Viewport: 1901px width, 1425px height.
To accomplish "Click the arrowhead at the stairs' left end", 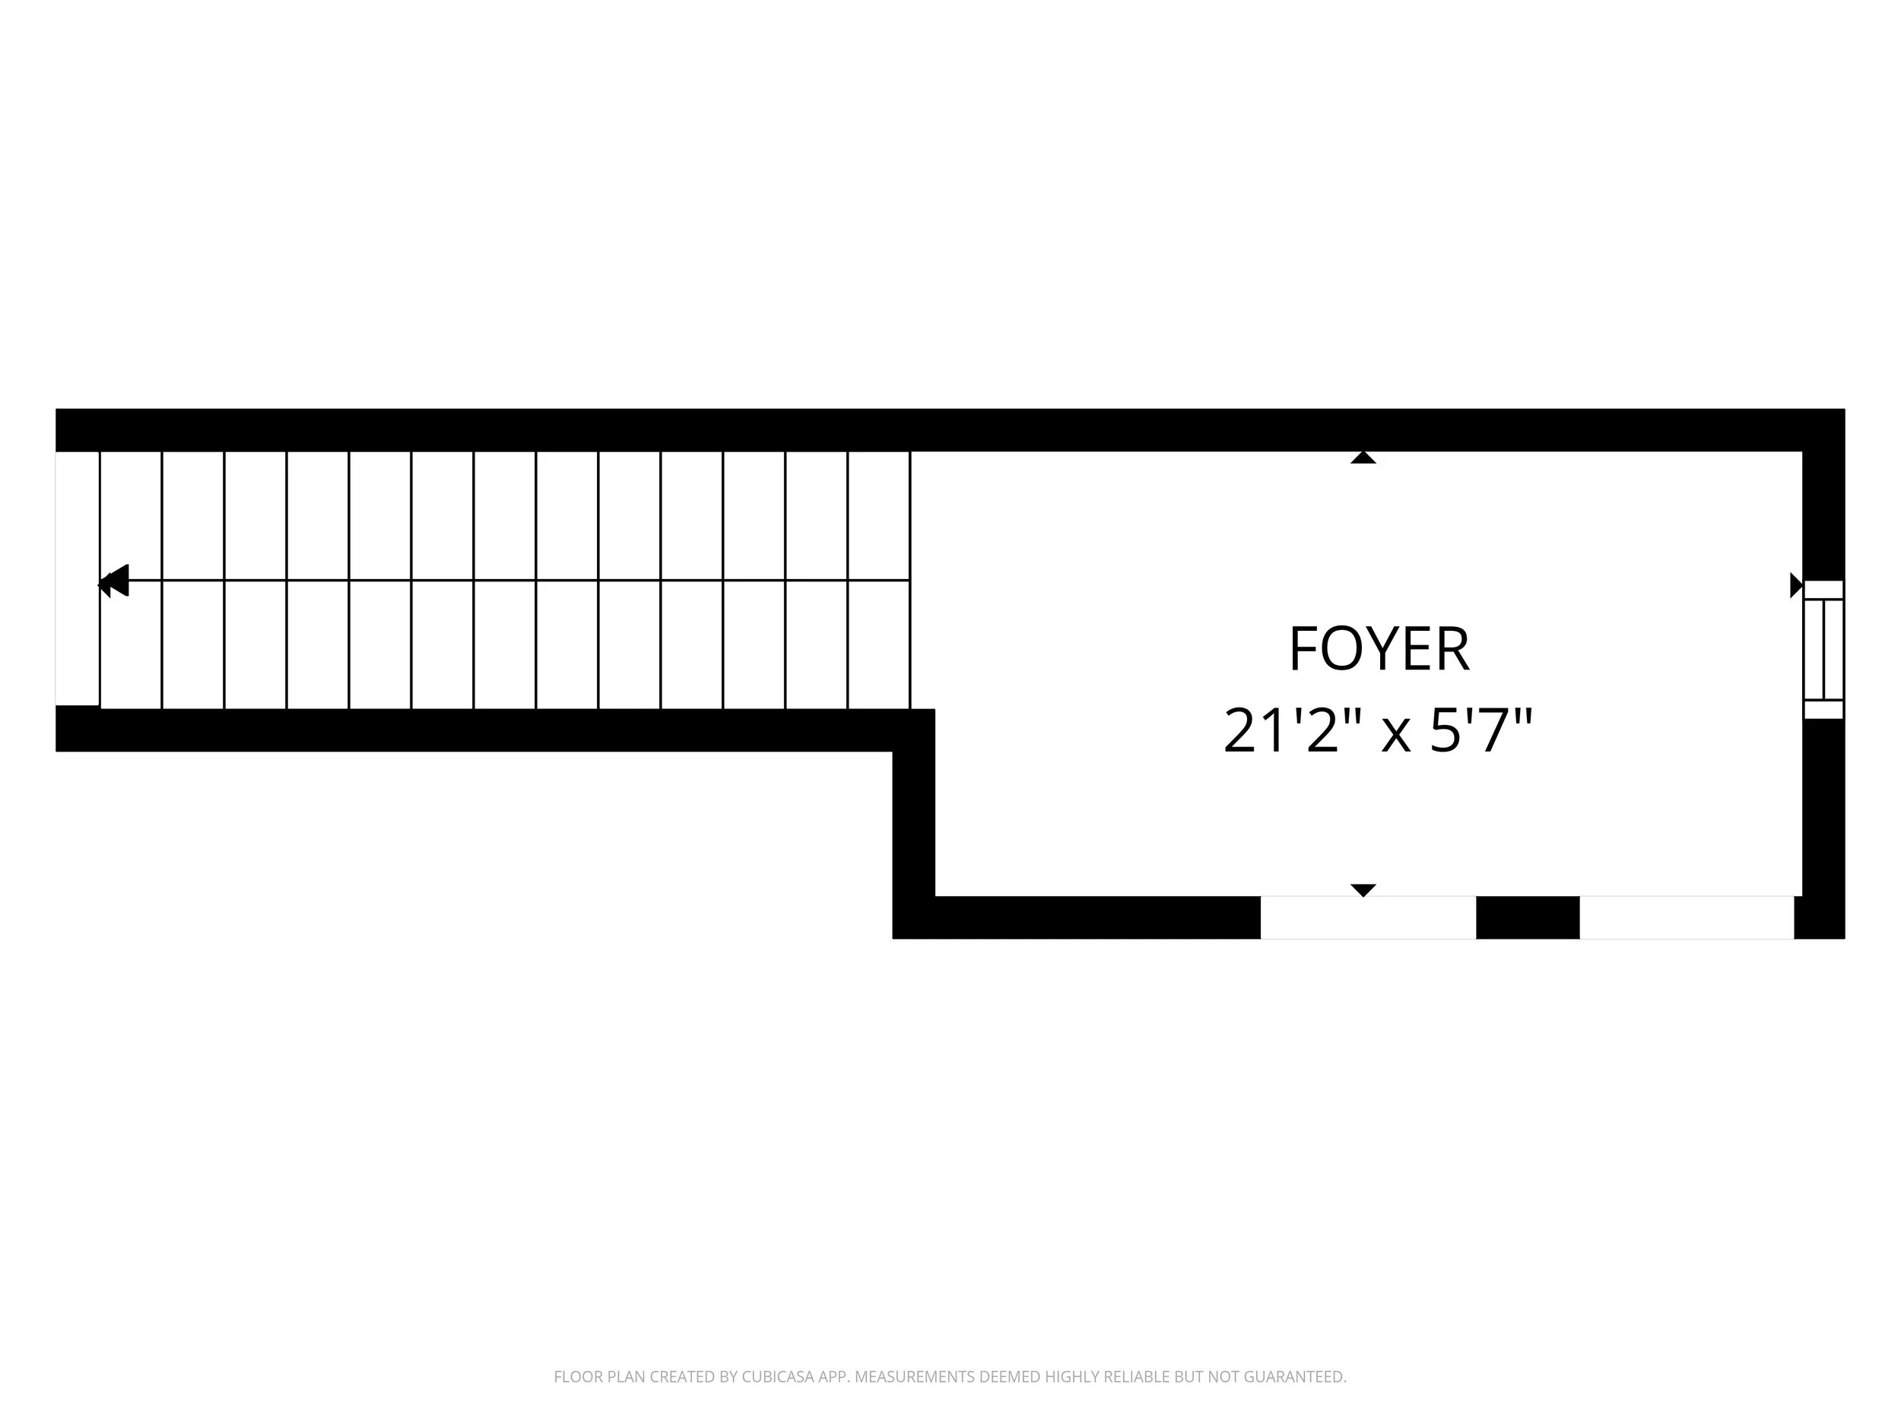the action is tap(113, 581).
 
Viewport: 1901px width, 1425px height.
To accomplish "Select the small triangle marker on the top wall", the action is tap(1363, 458).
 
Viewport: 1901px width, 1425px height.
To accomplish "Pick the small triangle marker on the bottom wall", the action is tap(1363, 890).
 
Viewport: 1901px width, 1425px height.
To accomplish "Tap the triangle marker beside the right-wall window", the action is tap(1796, 585).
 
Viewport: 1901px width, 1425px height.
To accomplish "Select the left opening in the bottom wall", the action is tap(1368, 917).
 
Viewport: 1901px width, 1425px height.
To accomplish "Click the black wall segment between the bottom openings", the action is tap(1528, 917).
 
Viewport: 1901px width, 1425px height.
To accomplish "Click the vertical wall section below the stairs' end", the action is tap(913, 824).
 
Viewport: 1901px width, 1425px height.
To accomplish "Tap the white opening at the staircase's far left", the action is tap(78, 579).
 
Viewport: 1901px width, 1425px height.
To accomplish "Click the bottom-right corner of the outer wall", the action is tap(1844, 938).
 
